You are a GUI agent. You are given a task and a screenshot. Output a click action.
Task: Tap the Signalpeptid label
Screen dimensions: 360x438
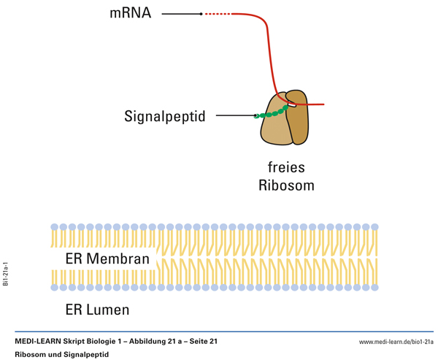click(165, 116)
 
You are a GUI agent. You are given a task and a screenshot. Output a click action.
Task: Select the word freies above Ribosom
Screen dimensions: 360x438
click(285, 167)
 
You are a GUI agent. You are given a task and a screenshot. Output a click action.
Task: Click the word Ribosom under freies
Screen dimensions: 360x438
click(286, 185)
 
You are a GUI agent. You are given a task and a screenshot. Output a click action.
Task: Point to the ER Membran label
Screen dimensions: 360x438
click(107, 258)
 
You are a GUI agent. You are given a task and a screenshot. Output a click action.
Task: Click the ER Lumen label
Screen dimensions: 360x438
click(97, 310)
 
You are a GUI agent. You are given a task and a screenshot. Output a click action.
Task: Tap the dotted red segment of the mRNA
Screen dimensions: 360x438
click(218, 14)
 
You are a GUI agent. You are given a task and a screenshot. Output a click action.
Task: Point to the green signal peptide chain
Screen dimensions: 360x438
click(272, 113)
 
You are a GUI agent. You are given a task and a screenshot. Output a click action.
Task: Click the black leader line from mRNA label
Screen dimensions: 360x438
click(181, 14)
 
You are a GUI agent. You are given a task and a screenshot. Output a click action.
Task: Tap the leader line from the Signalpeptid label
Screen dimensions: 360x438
click(235, 116)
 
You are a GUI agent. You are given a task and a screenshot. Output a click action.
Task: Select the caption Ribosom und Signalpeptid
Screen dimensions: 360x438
click(61, 354)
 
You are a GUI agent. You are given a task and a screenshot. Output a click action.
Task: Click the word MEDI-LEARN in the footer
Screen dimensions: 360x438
click(40, 342)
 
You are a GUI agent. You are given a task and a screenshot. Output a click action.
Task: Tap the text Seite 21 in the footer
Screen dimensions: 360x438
click(202, 342)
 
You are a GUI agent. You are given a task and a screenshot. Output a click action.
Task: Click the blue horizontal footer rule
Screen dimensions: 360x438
click(219, 332)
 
